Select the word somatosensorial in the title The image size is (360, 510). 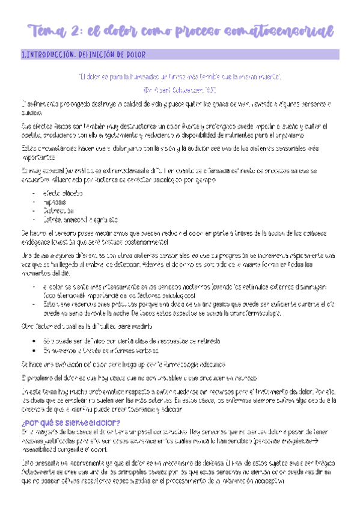point(272,30)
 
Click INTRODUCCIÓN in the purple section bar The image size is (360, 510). point(50,55)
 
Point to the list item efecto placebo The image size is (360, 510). point(63,193)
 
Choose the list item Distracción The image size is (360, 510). point(58,211)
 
